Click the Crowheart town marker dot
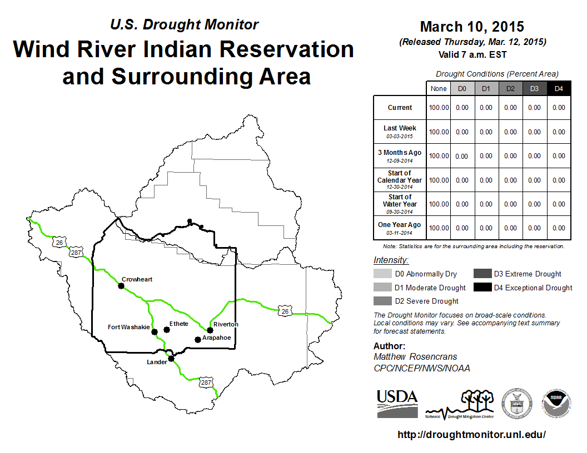[x=121, y=286]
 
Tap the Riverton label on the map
[x=226, y=324]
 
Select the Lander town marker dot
[x=171, y=359]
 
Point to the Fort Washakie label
[x=129, y=327]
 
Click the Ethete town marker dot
[x=167, y=330]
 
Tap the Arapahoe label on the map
[x=217, y=338]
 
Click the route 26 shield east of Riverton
[x=285, y=311]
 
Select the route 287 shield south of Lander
[x=206, y=382]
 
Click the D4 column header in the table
[x=559, y=89]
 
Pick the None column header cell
[x=439, y=89]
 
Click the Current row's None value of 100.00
[x=439, y=108]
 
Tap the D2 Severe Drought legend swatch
[x=382, y=301]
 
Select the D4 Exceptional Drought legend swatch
[x=482, y=288]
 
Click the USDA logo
[x=397, y=404]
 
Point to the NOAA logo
[x=556, y=403]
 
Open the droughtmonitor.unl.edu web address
[x=472, y=435]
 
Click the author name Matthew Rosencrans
[x=415, y=356]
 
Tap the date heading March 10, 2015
[x=472, y=27]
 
